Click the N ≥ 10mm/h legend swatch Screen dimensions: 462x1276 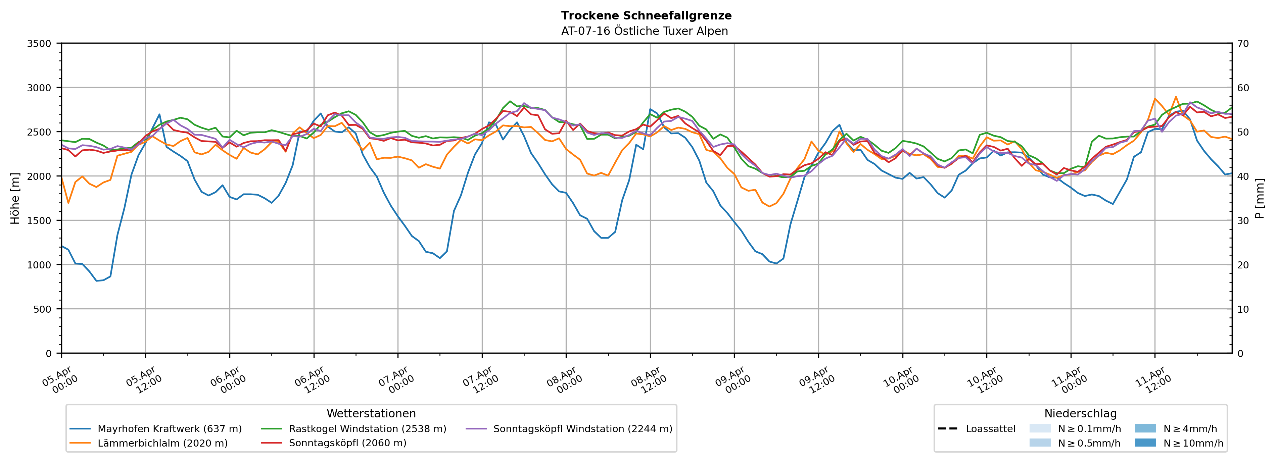click(x=1145, y=443)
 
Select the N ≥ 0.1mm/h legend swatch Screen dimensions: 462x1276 click(x=1040, y=428)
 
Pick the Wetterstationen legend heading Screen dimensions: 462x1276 click(x=371, y=413)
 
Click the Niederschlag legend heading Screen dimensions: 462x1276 click(x=1080, y=413)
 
